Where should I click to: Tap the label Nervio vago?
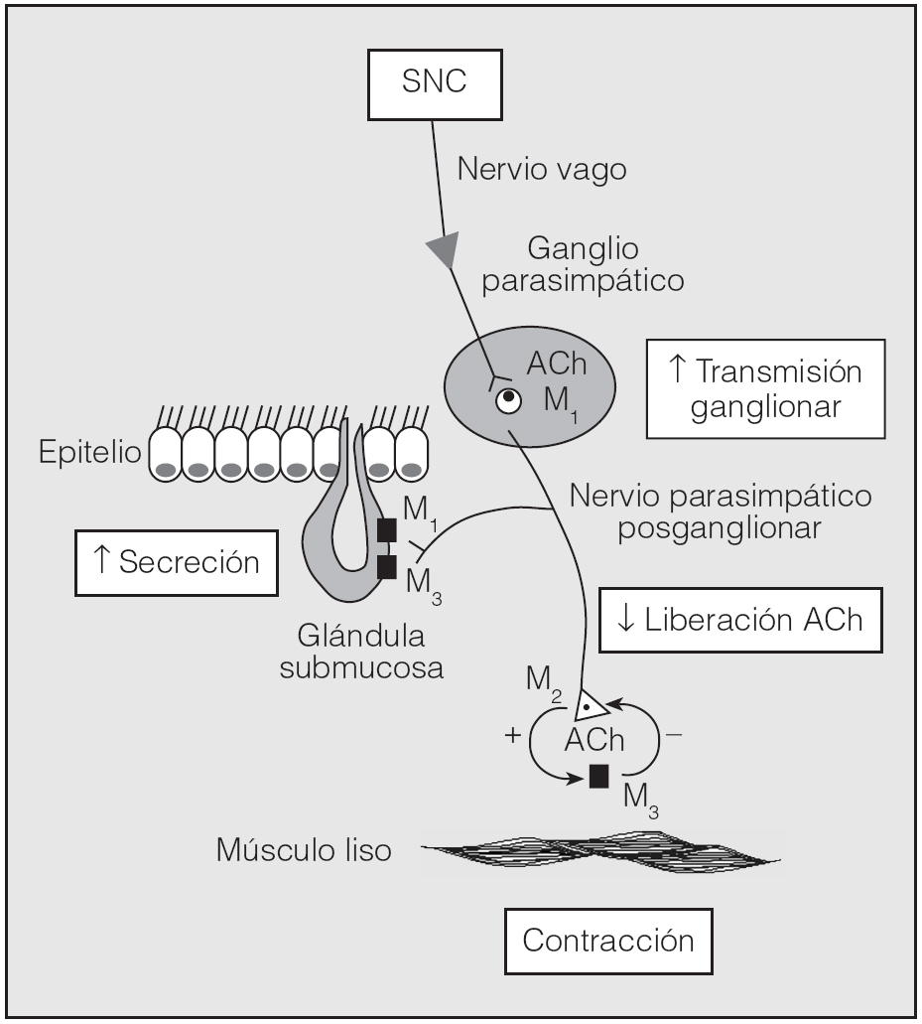[541, 169]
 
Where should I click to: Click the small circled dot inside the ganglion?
[509, 401]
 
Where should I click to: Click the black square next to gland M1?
[385, 530]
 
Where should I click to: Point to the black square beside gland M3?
[387, 566]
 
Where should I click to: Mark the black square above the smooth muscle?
[598, 775]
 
